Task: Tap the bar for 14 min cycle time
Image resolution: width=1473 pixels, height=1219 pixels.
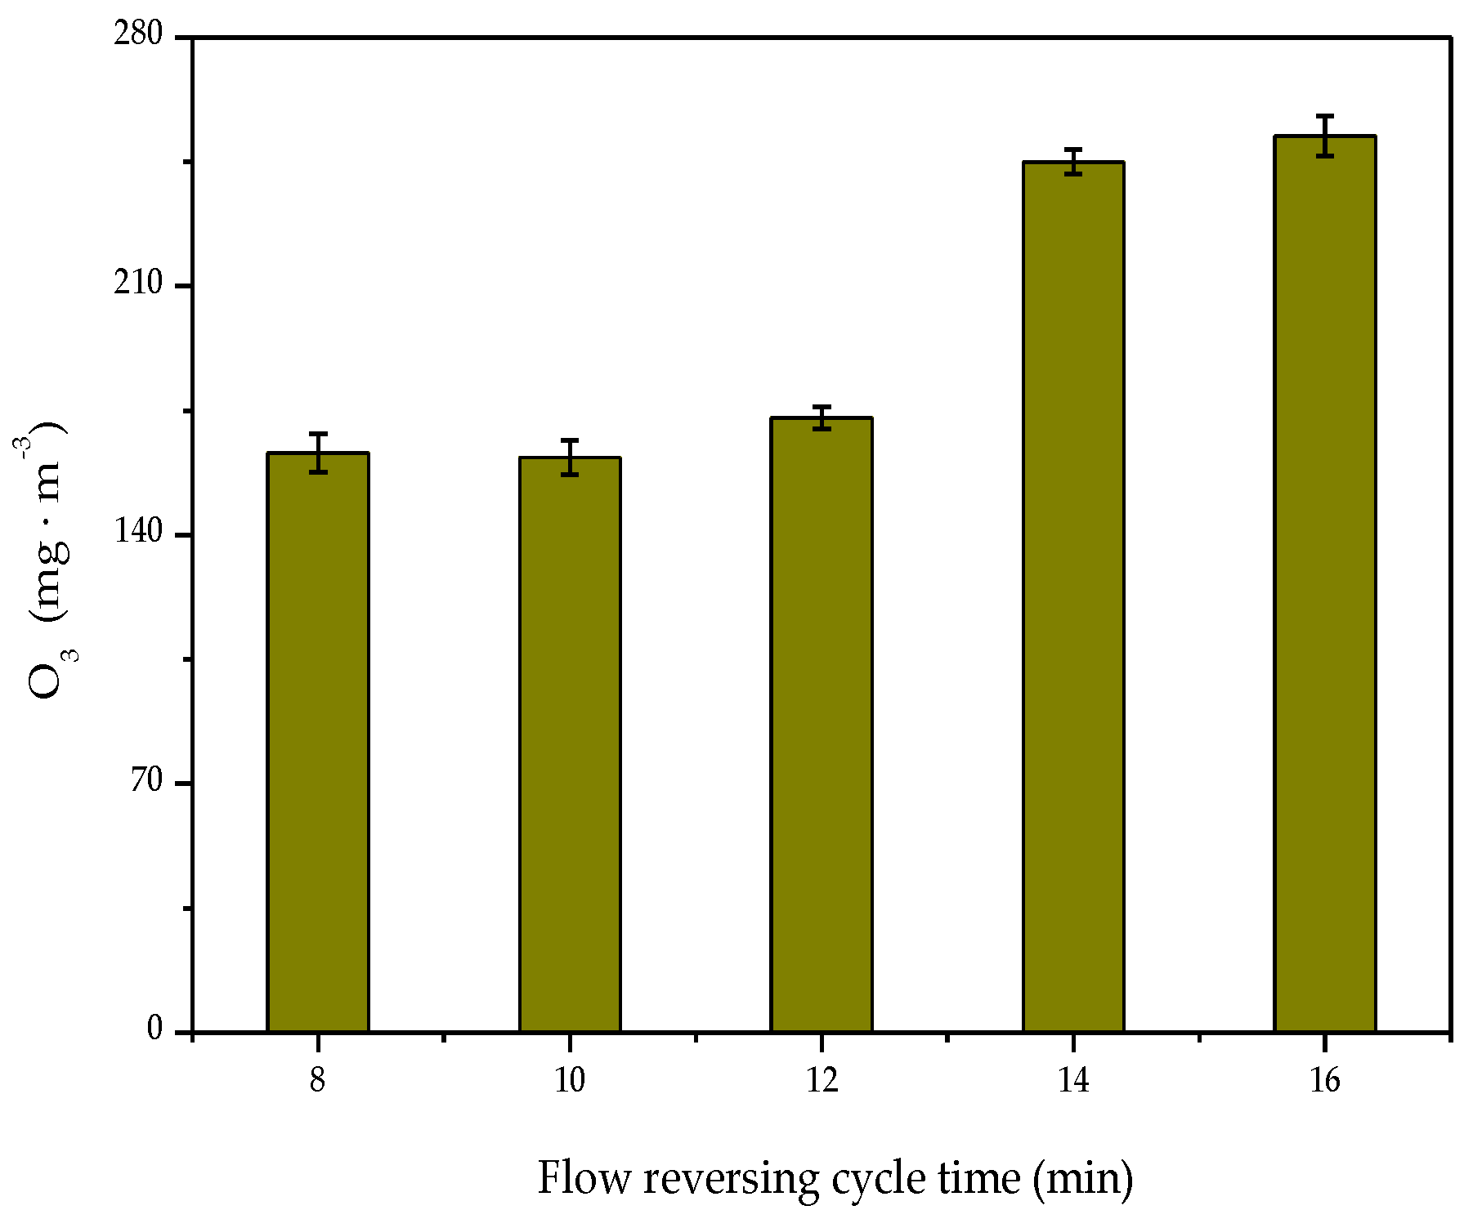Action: (1073, 596)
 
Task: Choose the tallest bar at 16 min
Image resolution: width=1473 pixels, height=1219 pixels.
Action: (1325, 583)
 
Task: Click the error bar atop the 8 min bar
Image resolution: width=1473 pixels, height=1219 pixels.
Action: (318, 453)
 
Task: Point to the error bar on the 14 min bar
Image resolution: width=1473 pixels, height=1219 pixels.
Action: (1073, 162)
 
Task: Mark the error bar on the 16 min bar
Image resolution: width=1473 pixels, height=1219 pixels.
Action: (1325, 136)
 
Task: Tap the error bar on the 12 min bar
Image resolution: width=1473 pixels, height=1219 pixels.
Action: (822, 417)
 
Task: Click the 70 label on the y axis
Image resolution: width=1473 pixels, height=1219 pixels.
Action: (147, 782)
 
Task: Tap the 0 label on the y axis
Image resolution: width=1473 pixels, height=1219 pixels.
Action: (155, 1030)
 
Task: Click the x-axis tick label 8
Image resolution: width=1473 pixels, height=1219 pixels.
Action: (318, 1082)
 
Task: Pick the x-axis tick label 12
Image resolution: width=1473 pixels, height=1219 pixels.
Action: (822, 1082)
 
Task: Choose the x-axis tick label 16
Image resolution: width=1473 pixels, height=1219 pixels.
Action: (1325, 1082)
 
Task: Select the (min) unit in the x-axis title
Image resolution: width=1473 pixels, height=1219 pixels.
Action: (1082, 1179)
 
